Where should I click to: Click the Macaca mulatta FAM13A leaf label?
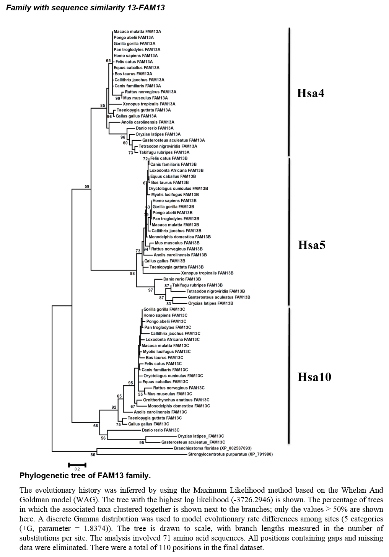point(137,32)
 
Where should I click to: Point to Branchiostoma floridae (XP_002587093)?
point(213,448)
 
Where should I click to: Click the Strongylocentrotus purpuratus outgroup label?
point(230,454)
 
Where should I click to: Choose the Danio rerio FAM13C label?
point(160,430)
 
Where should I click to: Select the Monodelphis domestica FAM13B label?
point(179,237)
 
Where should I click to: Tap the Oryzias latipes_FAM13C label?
point(200,436)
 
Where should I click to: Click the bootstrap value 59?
point(87,187)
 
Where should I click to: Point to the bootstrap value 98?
point(132,274)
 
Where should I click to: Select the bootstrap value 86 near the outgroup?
point(93,455)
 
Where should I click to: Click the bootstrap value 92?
point(114,407)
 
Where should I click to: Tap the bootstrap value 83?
point(169,304)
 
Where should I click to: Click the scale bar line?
point(77,465)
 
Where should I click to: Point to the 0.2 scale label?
point(77,469)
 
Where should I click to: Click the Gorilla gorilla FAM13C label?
point(164,309)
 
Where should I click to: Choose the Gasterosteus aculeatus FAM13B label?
point(219,297)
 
